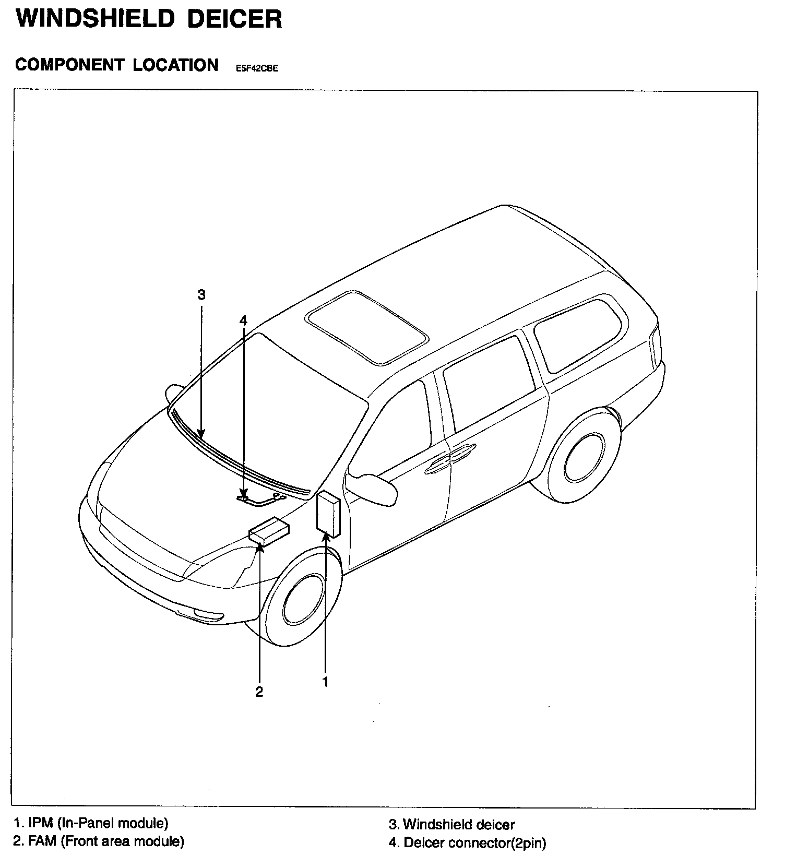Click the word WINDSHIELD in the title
[x=94, y=19]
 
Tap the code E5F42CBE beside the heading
[x=257, y=68]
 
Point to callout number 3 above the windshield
[x=201, y=295]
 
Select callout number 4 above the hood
[x=243, y=320]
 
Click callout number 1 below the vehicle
[x=325, y=682]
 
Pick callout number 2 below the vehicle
[x=259, y=693]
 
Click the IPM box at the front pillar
[x=328, y=514]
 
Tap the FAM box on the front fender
[x=269, y=531]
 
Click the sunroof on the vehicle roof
[x=366, y=327]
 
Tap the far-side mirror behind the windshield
[x=174, y=393]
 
